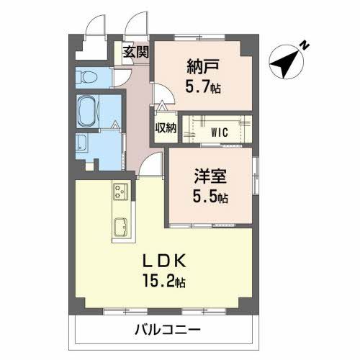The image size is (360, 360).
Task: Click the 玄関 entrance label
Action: (135, 52)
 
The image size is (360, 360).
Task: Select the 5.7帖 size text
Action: (203, 86)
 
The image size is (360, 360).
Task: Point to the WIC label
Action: (220, 131)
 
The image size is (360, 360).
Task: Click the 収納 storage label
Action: (165, 129)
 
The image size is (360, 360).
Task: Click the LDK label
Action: (167, 261)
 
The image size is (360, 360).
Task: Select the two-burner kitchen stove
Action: (120, 191)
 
